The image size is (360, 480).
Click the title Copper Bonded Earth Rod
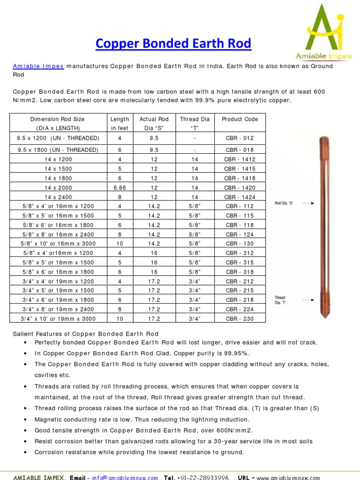click(x=173, y=44)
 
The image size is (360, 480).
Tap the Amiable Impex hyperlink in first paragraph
click(x=38, y=66)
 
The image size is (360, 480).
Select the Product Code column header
click(x=240, y=119)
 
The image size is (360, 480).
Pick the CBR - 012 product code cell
click(x=240, y=138)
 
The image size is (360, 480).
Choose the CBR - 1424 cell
click(x=240, y=197)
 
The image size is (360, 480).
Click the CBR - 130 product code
click(x=240, y=244)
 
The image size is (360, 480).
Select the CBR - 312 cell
click(x=240, y=253)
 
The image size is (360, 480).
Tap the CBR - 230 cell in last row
click(x=240, y=319)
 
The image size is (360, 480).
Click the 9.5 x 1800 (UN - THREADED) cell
click(x=58, y=150)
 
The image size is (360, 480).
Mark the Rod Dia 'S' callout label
click(x=284, y=203)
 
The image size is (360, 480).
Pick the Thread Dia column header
click(x=195, y=119)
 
